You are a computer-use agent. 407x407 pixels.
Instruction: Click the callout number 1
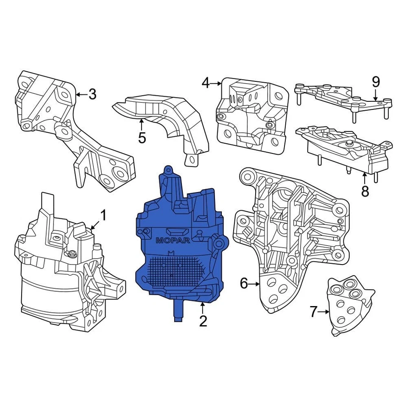pyautogui.click(x=103, y=215)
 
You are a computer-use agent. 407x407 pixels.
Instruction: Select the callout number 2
pyautogui.click(x=203, y=321)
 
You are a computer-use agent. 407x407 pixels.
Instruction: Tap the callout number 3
pyautogui.click(x=92, y=94)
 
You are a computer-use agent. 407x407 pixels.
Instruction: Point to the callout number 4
pyautogui.click(x=206, y=83)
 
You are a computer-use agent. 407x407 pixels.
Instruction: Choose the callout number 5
pyautogui.click(x=142, y=137)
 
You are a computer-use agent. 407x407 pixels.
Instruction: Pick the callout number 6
pyautogui.click(x=244, y=283)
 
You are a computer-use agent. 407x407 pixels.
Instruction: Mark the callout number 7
pyautogui.click(x=313, y=312)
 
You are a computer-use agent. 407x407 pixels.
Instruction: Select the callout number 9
pyautogui.click(x=376, y=82)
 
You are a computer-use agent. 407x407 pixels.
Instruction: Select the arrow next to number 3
pyautogui.click(x=81, y=94)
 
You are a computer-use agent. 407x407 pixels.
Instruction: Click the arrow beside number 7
pyautogui.click(x=325, y=312)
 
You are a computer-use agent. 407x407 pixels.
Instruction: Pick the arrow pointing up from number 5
pyautogui.click(x=142, y=125)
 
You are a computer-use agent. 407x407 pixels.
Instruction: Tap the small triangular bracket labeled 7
pyautogui.click(x=350, y=305)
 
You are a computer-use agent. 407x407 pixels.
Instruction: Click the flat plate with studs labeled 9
pyautogui.click(x=339, y=95)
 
